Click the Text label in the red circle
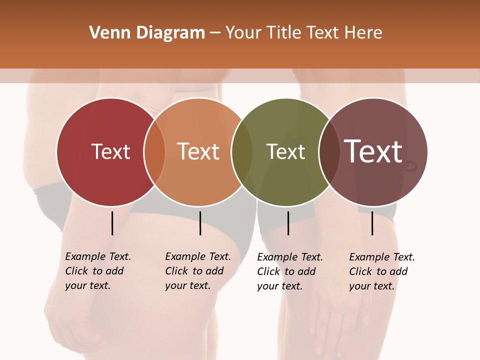tap(110, 151)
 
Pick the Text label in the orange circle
tap(198, 151)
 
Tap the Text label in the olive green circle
tap(285, 151)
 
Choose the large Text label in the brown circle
tap(373, 151)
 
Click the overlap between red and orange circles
tap(154, 152)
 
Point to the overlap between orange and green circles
tap(242, 152)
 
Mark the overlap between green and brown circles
tap(329, 152)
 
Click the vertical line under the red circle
tap(112, 223)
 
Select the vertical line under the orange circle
tap(200, 223)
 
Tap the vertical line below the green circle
tap(288, 223)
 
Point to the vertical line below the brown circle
tap(372, 223)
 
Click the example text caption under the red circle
tap(97, 271)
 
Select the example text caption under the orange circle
tap(197, 271)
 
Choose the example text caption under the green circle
tap(289, 271)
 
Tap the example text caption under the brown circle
tap(381, 271)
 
